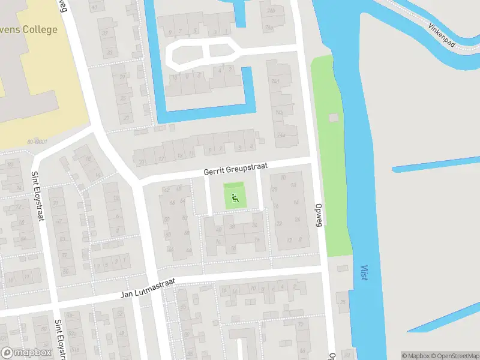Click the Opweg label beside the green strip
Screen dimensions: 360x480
[x=319, y=214]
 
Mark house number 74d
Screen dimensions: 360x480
[x=276, y=81]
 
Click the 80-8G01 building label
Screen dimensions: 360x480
[x=37, y=142]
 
